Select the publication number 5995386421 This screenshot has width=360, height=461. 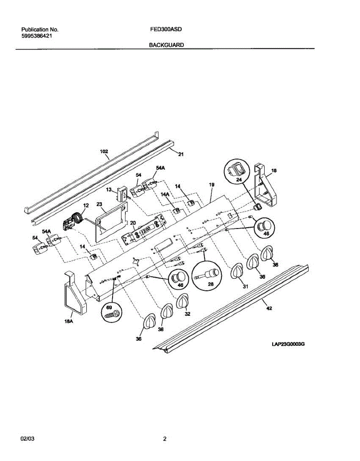point(37,36)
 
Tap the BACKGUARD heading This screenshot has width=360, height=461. point(166,45)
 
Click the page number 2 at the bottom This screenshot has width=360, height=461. point(164,439)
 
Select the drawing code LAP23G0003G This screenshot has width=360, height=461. point(288,344)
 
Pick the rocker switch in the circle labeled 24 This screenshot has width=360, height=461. point(236,169)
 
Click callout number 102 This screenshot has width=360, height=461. point(104,151)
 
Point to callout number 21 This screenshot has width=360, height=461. point(181,154)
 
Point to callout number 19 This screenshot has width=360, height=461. point(211,185)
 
